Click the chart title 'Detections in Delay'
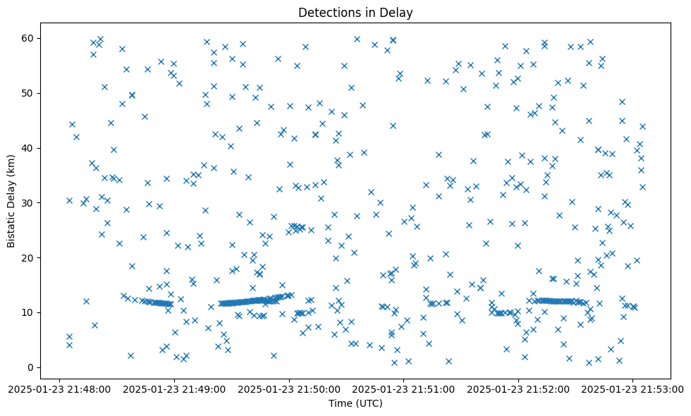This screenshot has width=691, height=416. tap(355, 13)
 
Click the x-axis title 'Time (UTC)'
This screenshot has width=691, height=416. tap(355, 403)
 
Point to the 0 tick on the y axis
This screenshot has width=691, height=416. tap(32, 367)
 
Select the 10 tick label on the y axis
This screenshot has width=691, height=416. tap(29, 312)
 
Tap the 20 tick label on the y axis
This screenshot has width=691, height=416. tap(29, 257)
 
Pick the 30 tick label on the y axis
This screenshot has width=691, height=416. tap(29, 202)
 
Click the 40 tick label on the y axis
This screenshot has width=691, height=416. tap(29, 147)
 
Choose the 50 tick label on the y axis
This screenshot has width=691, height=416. tap(29, 93)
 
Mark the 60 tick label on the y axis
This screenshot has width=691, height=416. tap(29, 38)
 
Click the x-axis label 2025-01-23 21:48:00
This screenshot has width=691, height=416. tap(59, 388)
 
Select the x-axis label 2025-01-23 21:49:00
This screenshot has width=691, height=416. tap(174, 388)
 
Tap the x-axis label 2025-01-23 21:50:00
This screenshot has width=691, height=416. tap(289, 388)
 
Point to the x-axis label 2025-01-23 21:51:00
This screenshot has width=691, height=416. tap(404, 388)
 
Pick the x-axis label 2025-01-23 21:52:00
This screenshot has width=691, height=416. tap(519, 388)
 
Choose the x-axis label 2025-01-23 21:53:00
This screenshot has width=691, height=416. tap(633, 388)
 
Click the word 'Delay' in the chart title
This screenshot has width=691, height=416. tap(398, 13)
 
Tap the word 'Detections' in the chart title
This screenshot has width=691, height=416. tap(327, 13)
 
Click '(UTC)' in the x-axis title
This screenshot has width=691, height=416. tap(369, 403)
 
